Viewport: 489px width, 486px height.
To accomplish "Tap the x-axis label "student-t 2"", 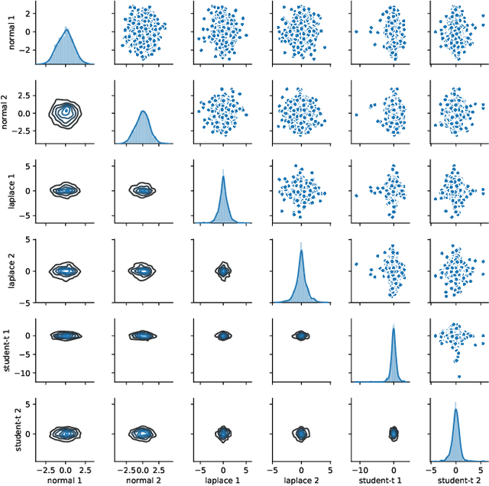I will [x=455, y=479].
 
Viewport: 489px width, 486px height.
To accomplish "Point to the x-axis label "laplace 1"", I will [x=222, y=479].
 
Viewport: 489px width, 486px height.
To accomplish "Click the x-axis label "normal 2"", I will [x=144, y=479].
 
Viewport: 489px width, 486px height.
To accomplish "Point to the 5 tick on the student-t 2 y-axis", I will [x=28, y=402].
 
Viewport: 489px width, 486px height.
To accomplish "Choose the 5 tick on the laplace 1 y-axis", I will [x=28, y=165].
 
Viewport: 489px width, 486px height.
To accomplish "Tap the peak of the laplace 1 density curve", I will [x=223, y=177].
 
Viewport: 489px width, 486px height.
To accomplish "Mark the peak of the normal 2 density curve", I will [x=144, y=112].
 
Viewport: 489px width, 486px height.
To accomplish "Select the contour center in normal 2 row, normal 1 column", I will [x=66, y=112].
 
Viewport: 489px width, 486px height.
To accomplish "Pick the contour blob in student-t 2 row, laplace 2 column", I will [x=301, y=433].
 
